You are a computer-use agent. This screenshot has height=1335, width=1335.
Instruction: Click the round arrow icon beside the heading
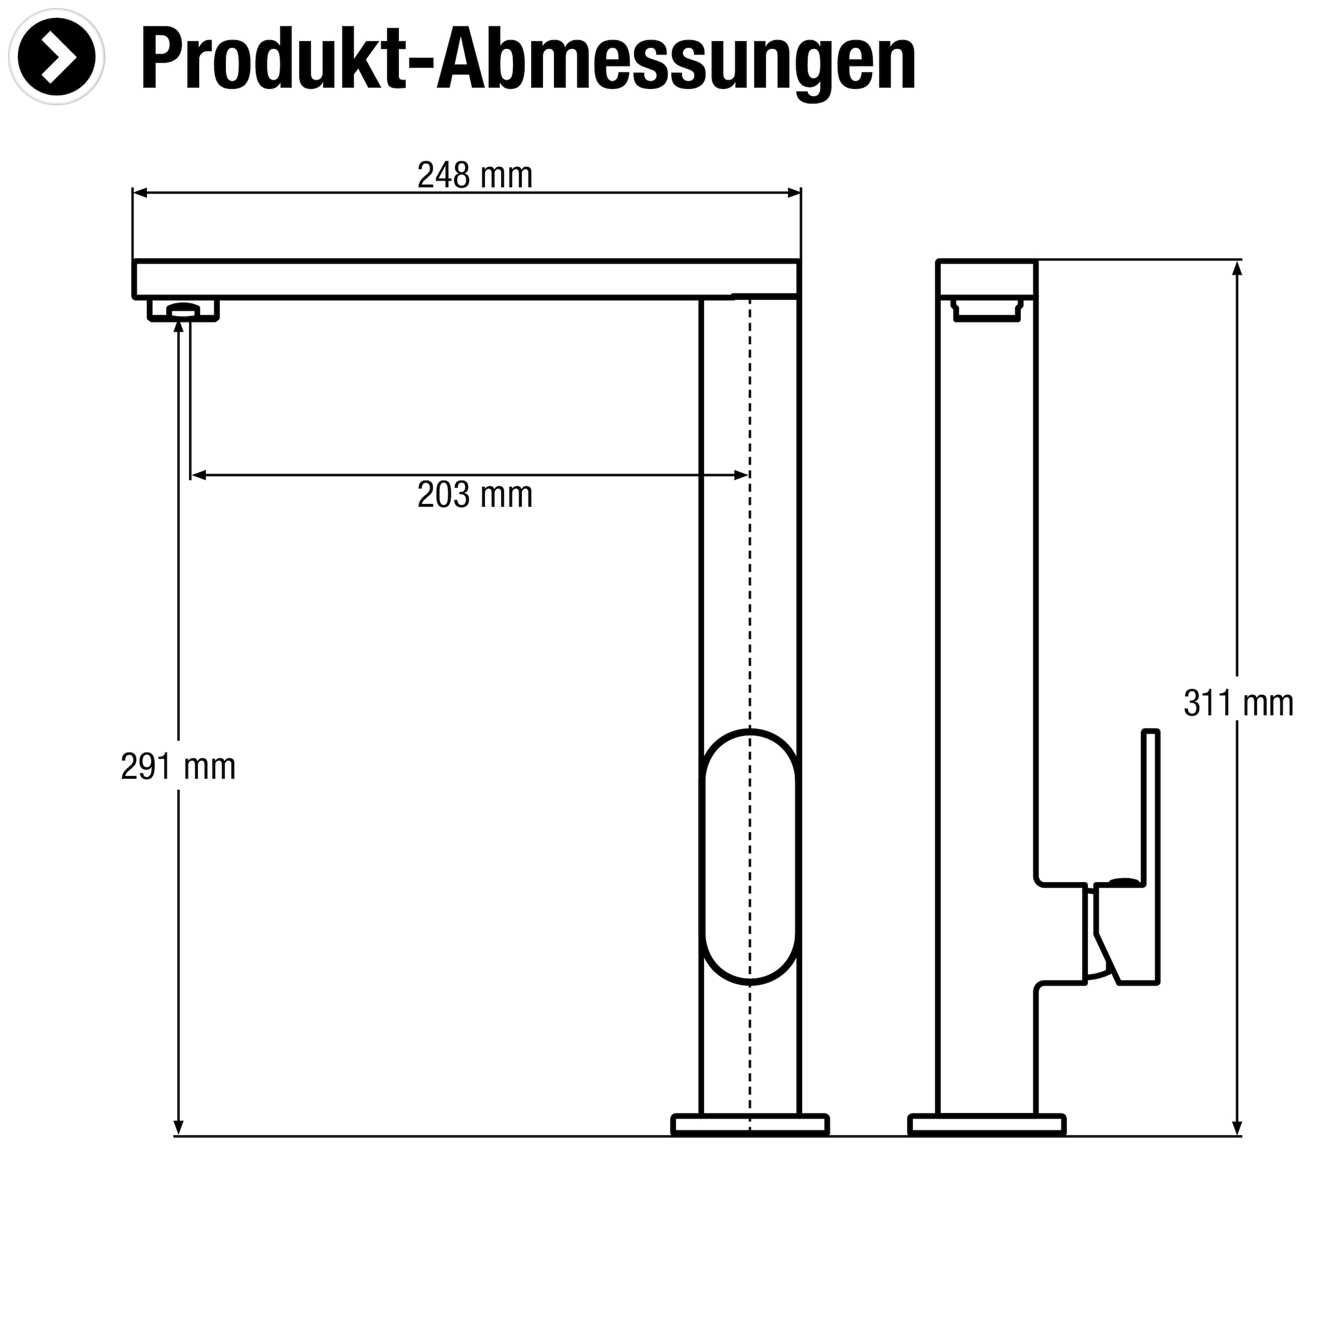point(57,57)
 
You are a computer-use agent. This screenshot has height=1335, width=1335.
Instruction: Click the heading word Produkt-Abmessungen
point(528,61)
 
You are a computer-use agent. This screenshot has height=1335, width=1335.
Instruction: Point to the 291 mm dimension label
point(178,767)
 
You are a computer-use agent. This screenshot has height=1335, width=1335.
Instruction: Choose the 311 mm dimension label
point(1238,704)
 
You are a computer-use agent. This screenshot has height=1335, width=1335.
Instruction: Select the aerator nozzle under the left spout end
point(183,310)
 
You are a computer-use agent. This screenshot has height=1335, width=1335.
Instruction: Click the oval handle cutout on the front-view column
point(750,857)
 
